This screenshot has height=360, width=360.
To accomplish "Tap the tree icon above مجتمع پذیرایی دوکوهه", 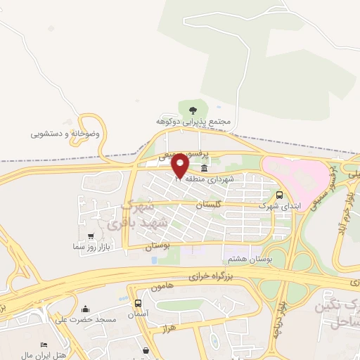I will tap(192, 109).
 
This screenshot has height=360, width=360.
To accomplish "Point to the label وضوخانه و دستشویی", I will tap(65, 133).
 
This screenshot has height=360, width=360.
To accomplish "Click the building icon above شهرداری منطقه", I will tap(205, 168).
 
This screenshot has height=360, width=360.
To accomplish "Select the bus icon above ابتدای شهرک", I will tap(280, 195).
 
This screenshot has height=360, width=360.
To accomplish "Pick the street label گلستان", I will tap(209, 204).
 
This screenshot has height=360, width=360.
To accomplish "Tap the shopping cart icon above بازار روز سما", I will tap(90, 236).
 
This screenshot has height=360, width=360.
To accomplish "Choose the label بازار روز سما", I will tap(91, 247).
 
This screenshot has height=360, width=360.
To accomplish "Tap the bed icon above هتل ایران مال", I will tap(44, 345).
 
